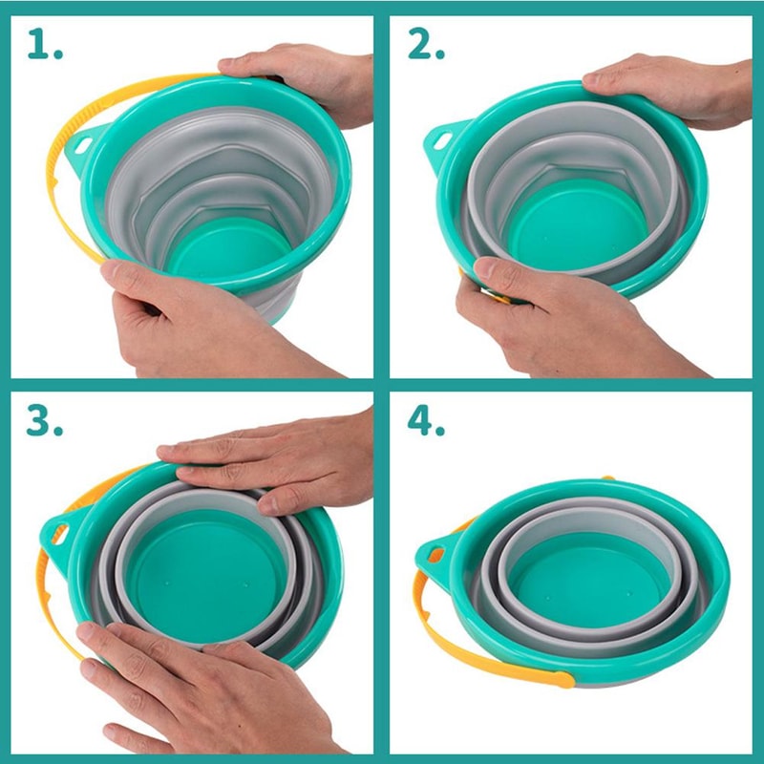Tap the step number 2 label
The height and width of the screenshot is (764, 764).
click(427, 43)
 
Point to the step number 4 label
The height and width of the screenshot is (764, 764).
click(427, 420)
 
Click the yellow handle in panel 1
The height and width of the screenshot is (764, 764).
click(59, 181)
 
